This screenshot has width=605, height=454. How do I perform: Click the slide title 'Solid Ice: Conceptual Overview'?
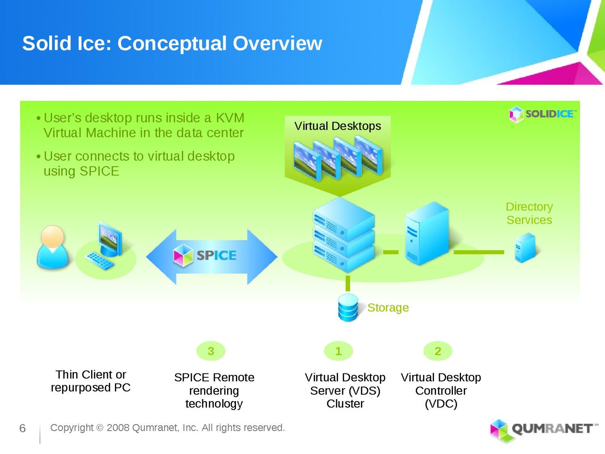(172, 43)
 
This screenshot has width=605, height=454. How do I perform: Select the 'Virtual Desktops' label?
(338, 126)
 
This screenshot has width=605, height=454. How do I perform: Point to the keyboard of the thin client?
(99, 261)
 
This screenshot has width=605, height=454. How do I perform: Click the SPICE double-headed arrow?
(212, 256)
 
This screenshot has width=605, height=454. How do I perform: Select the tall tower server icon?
(427, 233)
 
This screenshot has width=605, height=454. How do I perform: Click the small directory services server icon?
(525, 248)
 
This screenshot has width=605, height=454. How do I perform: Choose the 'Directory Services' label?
(529, 213)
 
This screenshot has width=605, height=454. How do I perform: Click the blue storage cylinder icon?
(348, 307)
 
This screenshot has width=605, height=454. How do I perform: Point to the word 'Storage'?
(388, 308)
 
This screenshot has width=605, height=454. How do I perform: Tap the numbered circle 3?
(211, 351)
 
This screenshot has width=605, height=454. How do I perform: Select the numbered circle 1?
(338, 351)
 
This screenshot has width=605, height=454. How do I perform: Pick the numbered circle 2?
(438, 351)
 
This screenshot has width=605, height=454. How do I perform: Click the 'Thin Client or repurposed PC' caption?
(91, 381)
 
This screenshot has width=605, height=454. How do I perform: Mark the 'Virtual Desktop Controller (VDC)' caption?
(441, 390)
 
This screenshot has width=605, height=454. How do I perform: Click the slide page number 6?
(22, 428)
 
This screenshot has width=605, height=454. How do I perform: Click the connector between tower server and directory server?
(479, 252)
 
